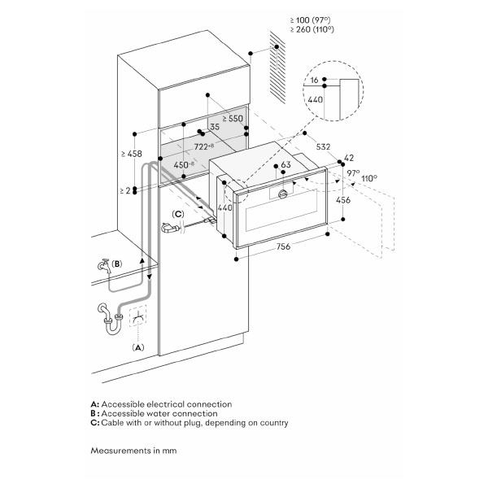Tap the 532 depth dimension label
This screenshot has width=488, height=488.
(x=323, y=146)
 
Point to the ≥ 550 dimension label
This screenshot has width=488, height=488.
(x=232, y=118)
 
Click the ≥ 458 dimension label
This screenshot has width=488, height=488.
(x=132, y=153)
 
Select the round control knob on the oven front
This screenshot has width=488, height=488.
(x=283, y=194)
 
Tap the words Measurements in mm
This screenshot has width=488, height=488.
(x=133, y=450)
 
